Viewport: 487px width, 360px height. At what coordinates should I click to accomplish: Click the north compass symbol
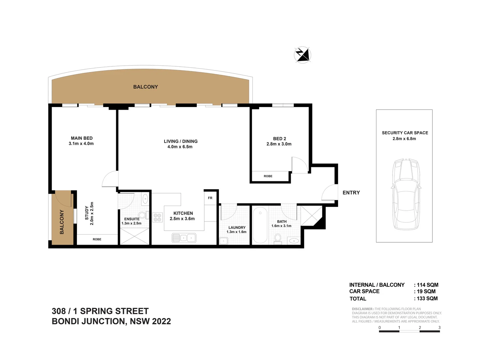[302, 55]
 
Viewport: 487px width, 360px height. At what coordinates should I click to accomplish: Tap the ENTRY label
[351, 193]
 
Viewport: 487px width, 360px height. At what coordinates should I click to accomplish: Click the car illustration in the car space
[405, 194]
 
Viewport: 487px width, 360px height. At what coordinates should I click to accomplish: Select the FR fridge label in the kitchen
[210, 198]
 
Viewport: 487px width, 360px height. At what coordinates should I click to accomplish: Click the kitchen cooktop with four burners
[157, 217]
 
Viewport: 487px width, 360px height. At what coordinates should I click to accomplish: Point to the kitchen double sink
[184, 238]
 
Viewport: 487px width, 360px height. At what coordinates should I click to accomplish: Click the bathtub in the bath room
[260, 225]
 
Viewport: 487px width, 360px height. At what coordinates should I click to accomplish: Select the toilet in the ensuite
[143, 215]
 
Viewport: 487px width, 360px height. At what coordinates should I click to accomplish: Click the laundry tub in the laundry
[224, 241]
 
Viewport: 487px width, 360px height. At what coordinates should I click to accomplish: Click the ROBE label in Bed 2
[268, 176]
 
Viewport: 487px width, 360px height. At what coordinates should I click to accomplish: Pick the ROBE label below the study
[97, 239]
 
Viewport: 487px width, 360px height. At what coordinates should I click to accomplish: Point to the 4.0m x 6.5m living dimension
[180, 147]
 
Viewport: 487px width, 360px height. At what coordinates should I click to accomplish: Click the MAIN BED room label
[82, 138]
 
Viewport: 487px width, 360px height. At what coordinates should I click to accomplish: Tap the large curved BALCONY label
[146, 87]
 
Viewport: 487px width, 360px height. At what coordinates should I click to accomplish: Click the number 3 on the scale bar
[439, 328]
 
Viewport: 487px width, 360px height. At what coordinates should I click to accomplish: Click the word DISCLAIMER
[362, 309]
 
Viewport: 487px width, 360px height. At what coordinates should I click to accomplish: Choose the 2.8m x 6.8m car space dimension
[404, 139]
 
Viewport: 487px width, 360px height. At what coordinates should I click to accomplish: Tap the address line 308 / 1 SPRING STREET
[100, 311]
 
